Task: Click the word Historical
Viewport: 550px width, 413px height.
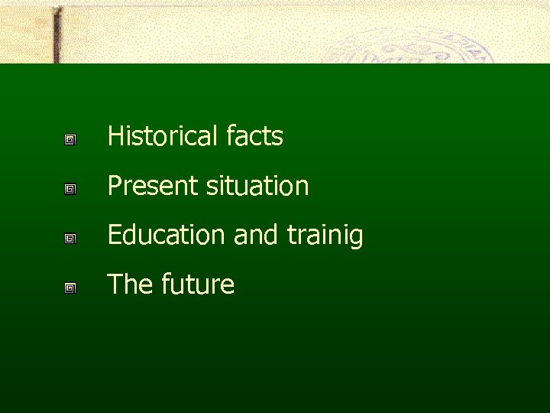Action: [x=163, y=137]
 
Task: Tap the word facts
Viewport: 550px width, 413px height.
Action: [x=255, y=137]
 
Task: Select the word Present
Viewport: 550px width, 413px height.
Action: [x=154, y=186]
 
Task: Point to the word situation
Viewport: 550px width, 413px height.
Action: [x=258, y=186]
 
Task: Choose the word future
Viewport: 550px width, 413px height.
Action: [x=198, y=285]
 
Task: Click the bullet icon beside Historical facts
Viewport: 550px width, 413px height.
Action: [x=70, y=140]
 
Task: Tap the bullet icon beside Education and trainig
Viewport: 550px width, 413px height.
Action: [x=70, y=239]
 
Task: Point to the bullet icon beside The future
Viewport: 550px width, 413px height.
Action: [x=70, y=288]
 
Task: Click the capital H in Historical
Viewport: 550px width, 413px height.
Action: [x=115, y=137]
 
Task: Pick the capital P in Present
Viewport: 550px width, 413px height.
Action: [x=115, y=186]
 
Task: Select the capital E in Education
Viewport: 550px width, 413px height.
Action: [x=115, y=236]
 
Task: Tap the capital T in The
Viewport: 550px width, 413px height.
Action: [x=114, y=285]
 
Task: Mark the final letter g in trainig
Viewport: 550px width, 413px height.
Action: [x=357, y=239]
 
